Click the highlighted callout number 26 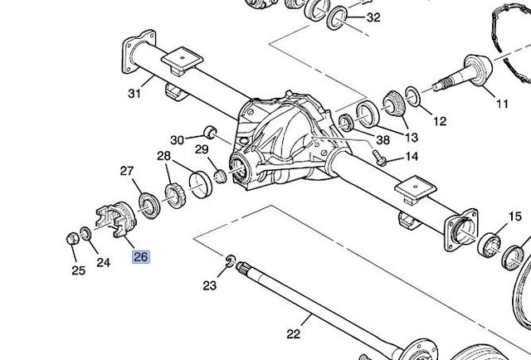pyautogui.click(x=141, y=257)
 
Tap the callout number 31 pyautogui.click(x=134, y=93)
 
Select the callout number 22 pyautogui.click(x=294, y=334)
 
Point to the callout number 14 pyautogui.click(x=412, y=156)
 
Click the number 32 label pyautogui.click(x=373, y=17)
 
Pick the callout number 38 pyautogui.click(x=383, y=139)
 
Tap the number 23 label pyautogui.click(x=210, y=285)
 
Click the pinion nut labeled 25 pyautogui.click(x=72, y=238)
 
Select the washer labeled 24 pyautogui.click(x=85, y=234)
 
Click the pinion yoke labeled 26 pyautogui.click(x=117, y=219)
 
